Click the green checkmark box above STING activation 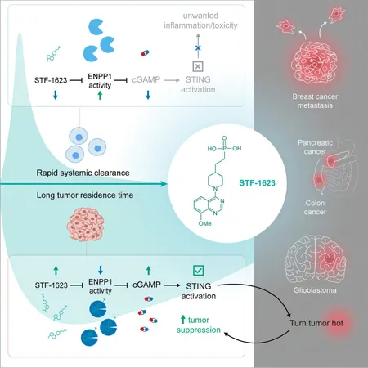click(x=198, y=271)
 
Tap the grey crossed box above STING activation click(x=198, y=66)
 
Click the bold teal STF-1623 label click(x=257, y=182)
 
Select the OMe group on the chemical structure click(x=204, y=223)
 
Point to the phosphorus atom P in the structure click(x=224, y=148)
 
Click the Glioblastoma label click(x=315, y=290)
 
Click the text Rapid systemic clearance click(x=83, y=173)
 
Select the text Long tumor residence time click(x=85, y=195)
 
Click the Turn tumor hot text click(x=316, y=323)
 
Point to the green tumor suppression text click(x=199, y=325)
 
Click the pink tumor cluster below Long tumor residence click(x=85, y=224)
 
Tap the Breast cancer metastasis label click(x=315, y=101)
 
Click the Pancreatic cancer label click(x=315, y=147)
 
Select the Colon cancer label click(x=315, y=207)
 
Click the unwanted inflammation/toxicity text click(x=200, y=20)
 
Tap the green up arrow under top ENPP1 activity click(x=100, y=95)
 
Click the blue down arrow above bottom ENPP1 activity click(x=101, y=270)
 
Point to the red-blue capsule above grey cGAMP click(x=146, y=53)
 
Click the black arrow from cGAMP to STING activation click(x=172, y=285)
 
